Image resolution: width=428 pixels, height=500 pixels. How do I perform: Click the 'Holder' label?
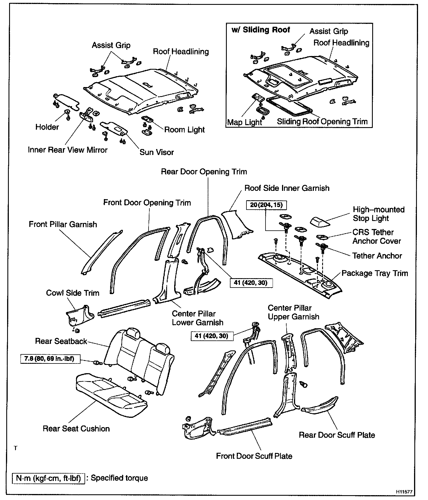[47, 127]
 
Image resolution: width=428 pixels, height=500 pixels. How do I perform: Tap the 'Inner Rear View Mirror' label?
[68, 150]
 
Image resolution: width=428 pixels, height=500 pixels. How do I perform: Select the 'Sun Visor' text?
[157, 152]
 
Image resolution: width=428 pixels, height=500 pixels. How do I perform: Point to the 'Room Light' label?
[184, 130]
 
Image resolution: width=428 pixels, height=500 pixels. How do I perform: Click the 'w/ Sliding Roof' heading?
[261, 30]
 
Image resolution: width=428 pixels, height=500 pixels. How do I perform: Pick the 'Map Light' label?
[244, 122]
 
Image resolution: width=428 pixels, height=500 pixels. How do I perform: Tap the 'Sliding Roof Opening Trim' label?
[322, 122]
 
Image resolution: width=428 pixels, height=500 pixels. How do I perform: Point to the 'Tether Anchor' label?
[377, 256]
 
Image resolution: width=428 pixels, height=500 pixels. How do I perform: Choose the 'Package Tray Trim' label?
[375, 273]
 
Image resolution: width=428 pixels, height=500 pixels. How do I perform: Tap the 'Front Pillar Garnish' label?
[63, 224]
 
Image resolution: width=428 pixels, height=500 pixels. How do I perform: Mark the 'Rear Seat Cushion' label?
[76, 429]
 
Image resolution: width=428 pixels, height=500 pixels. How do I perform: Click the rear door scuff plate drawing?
[320, 405]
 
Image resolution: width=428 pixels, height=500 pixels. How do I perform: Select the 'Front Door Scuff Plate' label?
[254, 456]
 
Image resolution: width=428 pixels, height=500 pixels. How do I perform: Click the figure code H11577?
[404, 491]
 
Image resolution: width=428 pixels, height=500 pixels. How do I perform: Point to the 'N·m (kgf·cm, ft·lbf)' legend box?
[48, 478]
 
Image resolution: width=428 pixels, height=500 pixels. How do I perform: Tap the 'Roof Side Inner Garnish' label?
[287, 188]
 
